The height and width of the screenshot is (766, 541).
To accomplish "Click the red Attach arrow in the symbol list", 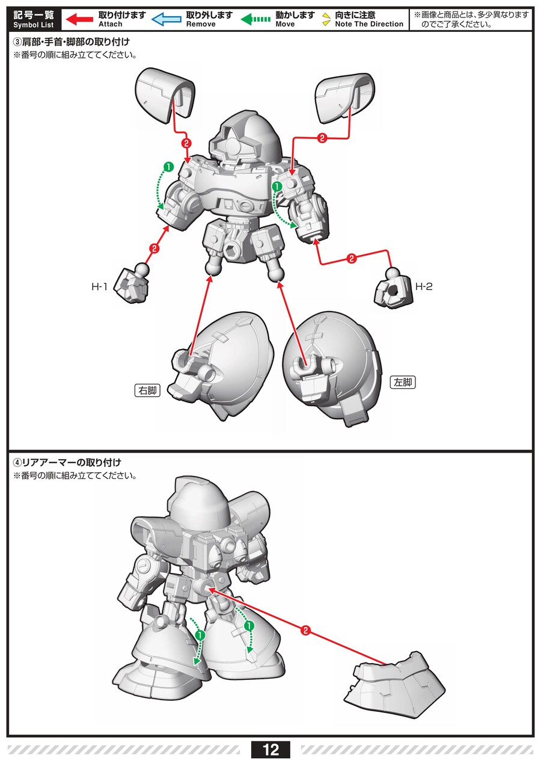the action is coord(79,19).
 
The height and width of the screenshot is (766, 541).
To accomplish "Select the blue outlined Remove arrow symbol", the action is coord(167,19).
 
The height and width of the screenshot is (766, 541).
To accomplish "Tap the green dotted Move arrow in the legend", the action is coord(256,19).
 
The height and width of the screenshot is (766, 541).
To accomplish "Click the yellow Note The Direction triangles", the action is coord(326,19).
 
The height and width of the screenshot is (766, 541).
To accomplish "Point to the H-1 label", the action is coord(99,286).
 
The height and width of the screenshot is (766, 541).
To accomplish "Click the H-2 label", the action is coord(424,286).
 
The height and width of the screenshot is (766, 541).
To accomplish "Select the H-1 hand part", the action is coord(132,282).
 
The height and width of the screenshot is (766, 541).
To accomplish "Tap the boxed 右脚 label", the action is coord(148,390).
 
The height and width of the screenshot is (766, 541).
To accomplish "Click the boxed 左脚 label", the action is coord(403,382).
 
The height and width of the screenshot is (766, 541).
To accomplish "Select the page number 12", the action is coord(270,750).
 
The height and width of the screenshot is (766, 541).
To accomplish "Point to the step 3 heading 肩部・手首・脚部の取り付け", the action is coord(72,42).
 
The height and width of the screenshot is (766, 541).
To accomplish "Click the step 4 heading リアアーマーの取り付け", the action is coord(67,463).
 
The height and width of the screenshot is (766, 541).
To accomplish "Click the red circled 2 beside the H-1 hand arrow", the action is coord(154,249).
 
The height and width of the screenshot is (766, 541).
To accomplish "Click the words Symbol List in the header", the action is coord(34,25).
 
